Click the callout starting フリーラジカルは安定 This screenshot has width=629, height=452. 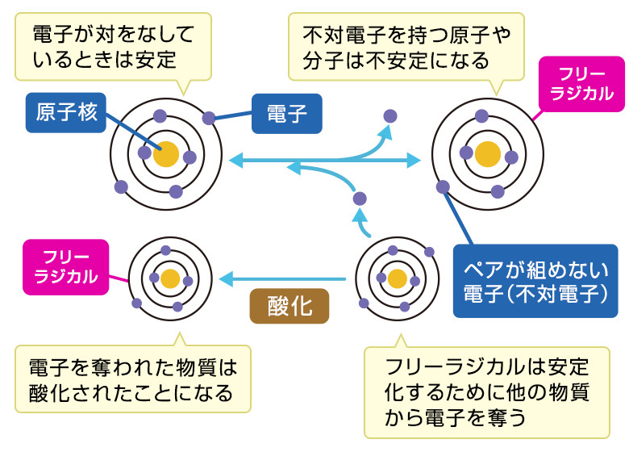click(x=487, y=391)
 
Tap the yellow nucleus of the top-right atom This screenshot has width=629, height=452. click(x=488, y=153)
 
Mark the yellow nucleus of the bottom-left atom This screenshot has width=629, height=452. click(x=169, y=279)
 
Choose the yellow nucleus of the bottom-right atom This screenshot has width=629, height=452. click(x=397, y=279)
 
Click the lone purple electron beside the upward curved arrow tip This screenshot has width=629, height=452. click(x=390, y=115)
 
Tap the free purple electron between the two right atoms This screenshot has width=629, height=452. click(x=360, y=198)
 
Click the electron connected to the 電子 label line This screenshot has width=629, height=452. click(x=209, y=118)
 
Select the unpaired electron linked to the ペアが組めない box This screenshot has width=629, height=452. click(x=443, y=187)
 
